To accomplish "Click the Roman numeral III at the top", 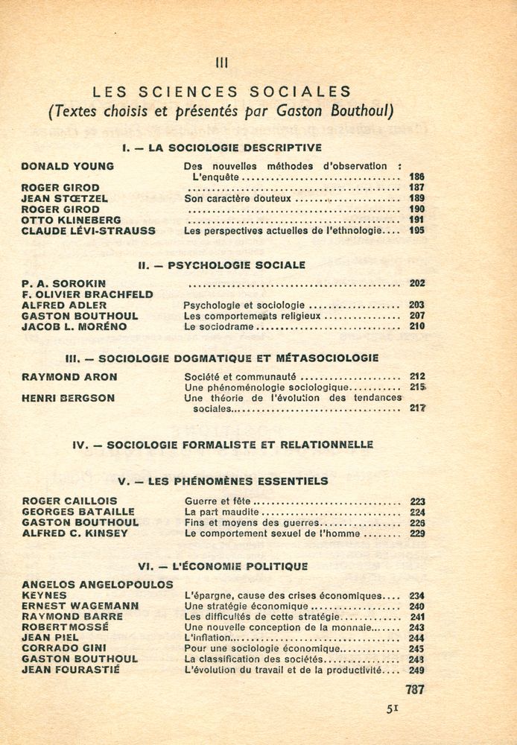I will pyautogui.click(x=221, y=64).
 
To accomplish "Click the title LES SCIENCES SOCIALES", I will pyautogui.click(x=221, y=92).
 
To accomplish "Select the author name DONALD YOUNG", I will pyautogui.click(x=68, y=166).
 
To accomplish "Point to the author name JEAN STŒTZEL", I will pyautogui.click(x=65, y=199).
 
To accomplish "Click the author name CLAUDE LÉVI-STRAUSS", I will pyautogui.click(x=89, y=231).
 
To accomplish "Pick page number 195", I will pyautogui.click(x=416, y=231).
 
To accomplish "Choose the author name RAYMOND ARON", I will pyautogui.click(x=69, y=377).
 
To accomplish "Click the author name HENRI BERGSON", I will pyautogui.click(x=69, y=398).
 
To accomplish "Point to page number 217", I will pyautogui.click(x=416, y=408).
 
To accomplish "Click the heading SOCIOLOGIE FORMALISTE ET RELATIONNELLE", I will pyautogui.click(x=240, y=444).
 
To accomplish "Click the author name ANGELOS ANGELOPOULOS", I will pyautogui.click(x=98, y=585).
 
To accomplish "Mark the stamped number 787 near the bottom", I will pyautogui.click(x=414, y=690).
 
